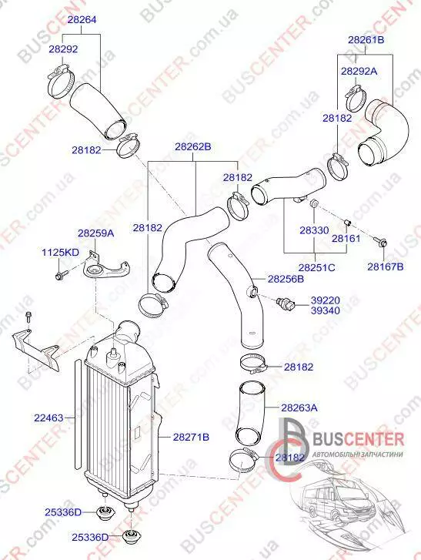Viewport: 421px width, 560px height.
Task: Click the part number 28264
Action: pos(82,20)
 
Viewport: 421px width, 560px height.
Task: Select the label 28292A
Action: pos(359,71)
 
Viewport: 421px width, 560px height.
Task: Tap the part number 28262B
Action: pos(193,147)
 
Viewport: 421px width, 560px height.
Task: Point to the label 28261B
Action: pos(366,39)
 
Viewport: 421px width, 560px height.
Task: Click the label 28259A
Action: pos(96,233)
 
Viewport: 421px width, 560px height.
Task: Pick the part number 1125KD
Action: pos(60,253)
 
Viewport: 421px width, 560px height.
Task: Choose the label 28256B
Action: pos(286,279)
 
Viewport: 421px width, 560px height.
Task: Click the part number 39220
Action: pos(325,300)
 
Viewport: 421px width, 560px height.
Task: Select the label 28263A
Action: pos(299,407)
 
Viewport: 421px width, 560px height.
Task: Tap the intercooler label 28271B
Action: pos(191,437)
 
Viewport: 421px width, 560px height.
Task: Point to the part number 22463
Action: pos(48,417)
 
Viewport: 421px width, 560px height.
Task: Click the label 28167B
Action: pos(386,267)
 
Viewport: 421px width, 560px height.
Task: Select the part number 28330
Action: pos(314,230)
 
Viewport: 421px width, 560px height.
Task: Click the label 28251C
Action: pos(317,267)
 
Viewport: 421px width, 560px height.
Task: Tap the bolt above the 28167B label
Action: pos(380,241)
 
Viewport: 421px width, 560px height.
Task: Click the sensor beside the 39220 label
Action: pos(286,303)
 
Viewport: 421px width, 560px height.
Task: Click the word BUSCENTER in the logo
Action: pos(358,439)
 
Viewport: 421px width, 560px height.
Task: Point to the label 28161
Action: pos(346,238)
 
